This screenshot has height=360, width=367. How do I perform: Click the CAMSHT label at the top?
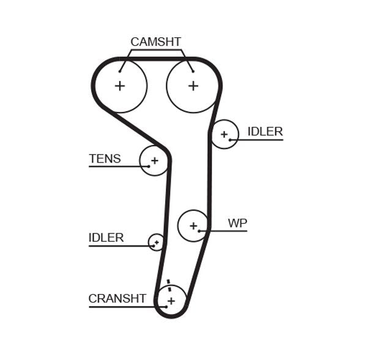point(155,42)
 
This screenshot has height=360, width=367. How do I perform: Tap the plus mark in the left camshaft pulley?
point(120,86)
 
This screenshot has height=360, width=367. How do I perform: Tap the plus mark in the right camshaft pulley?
point(193,86)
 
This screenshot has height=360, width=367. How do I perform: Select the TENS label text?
point(105,159)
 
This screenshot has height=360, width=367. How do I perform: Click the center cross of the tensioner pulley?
point(155,161)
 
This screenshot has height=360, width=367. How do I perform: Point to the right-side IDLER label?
point(265,131)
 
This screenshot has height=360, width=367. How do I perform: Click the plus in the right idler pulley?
point(224,134)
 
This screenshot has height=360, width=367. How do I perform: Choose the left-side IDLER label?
point(106,238)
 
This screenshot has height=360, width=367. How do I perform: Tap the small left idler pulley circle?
point(157,242)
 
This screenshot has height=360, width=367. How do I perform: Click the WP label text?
point(237,223)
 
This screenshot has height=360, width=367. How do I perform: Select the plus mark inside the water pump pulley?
point(193,226)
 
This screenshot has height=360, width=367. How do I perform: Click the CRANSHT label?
point(117,298)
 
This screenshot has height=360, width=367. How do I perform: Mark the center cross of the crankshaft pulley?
point(171,301)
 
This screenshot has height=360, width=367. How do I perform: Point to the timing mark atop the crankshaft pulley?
point(168,283)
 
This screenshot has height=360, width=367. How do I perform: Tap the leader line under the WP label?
point(226,230)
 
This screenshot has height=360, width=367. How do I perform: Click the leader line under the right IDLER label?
point(260,140)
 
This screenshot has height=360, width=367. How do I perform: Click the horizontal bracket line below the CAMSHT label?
point(155,51)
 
